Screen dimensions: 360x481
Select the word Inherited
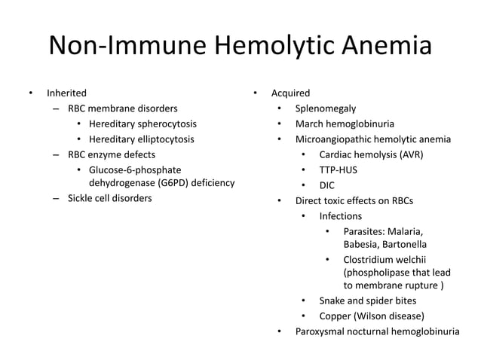pyautogui.click(x=66, y=93)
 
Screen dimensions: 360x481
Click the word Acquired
pyautogui.click(x=290, y=93)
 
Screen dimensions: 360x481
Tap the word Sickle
pyautogui.click(x=82, y=198)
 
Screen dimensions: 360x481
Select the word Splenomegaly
pyautogui.click(x=326, y=108)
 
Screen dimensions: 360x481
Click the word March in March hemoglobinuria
pyautogui.click(x=309, y=124)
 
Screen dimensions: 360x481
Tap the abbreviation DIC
pyautogui.click(x=327, y=185)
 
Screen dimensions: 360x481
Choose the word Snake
pyautogui.click(x=333, y=301)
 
